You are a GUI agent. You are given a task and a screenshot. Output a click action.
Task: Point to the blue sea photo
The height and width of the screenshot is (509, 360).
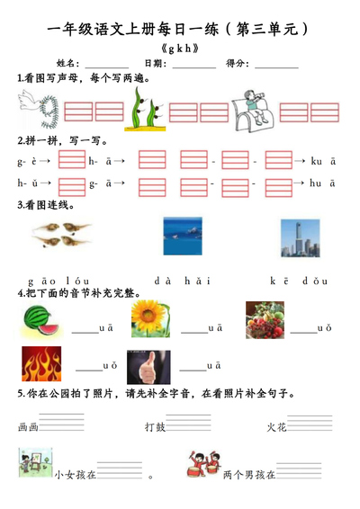click(183, 236)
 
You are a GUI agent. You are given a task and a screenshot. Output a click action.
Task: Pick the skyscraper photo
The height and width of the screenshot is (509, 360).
click(299, 236)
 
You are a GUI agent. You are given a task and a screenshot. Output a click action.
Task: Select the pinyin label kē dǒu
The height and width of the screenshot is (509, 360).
click(299, 281)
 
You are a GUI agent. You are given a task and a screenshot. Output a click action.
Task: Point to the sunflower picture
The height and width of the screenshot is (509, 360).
click(149, 317)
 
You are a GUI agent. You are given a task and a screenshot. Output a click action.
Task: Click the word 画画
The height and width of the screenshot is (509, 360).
click(27, 427)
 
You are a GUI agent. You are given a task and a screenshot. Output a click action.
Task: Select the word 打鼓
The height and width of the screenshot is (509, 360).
click(155, 427)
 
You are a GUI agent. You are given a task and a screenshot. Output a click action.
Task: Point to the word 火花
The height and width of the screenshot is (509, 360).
click(276, 427)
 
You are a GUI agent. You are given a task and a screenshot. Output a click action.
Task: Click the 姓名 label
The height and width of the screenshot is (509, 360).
click(67, 64)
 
